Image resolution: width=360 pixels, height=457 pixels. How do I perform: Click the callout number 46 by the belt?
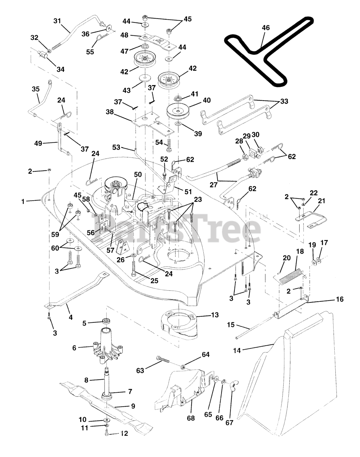coord(265,27)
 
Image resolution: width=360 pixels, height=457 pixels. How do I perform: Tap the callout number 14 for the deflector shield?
coord(237,350)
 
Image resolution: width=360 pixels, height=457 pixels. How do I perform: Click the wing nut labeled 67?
coord(232,388)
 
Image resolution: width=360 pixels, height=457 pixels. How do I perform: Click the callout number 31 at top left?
coord(57,21)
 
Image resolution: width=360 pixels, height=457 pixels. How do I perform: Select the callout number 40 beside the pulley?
coord(207,100)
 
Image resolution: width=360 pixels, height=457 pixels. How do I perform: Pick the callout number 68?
coord(191,418)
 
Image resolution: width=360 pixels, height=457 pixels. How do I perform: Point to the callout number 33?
coord(284,101)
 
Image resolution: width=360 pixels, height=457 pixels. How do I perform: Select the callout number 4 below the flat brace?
coord(70,317)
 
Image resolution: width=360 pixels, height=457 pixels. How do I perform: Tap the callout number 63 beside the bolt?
coord(140,371)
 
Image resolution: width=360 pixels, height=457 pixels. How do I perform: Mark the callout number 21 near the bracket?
coord(321,201)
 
